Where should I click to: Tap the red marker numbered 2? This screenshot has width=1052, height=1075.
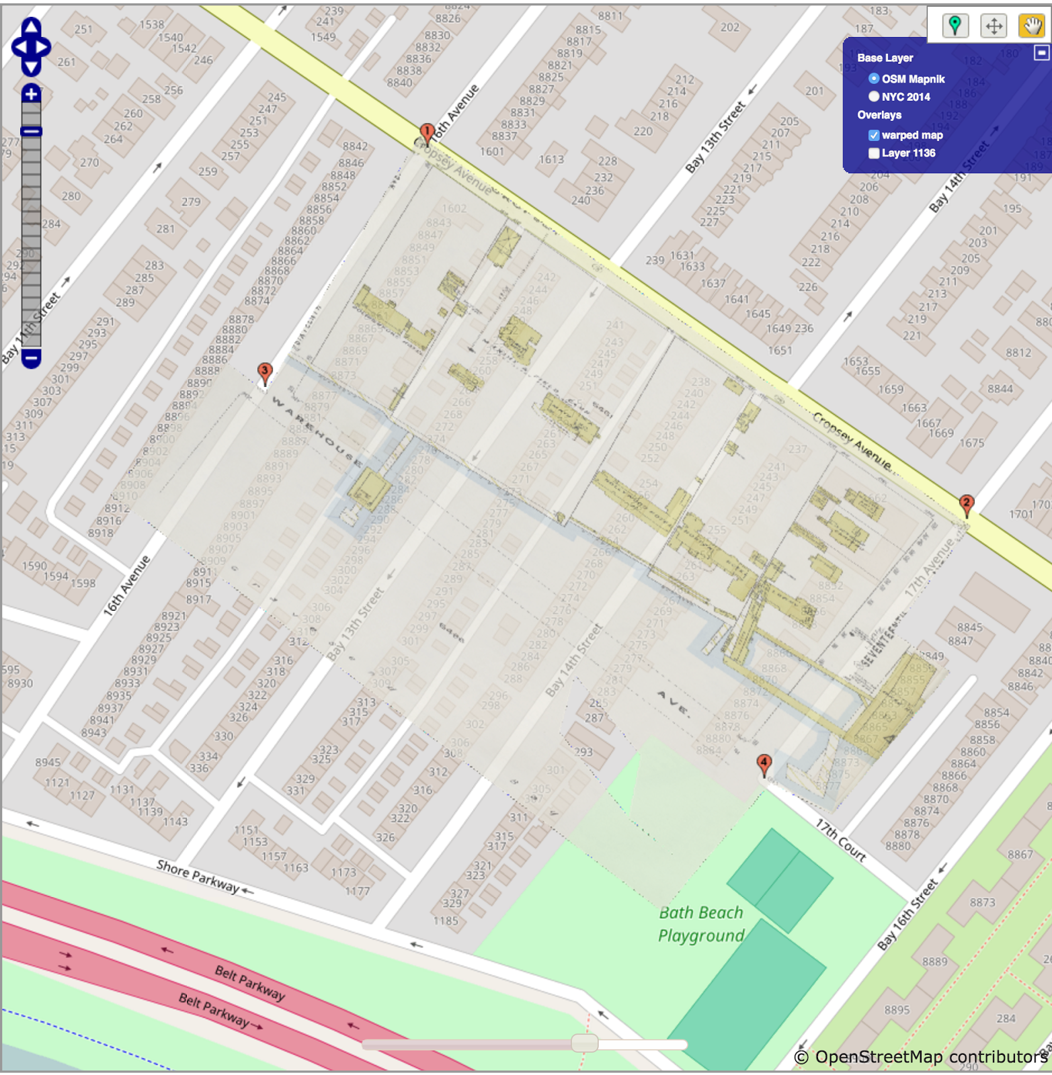tap(966, 505)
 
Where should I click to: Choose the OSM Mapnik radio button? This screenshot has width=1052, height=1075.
tap(874, 79)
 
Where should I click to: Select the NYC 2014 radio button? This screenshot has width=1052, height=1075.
tap(874, 97)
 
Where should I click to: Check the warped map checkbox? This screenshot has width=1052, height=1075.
tap(874, 135)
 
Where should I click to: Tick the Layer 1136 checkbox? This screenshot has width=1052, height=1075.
tap(874, 153)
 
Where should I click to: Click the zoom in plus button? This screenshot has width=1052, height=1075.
tap(31, 94)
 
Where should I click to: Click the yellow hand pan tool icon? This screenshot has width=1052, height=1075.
tap(1032, 26)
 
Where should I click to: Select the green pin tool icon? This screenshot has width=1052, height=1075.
tap(955, 26)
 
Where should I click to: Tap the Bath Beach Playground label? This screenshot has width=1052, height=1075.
tap(701, 924)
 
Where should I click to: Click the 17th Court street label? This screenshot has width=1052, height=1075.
tap(841, 840)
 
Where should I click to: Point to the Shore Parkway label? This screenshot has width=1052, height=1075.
tap(198, 876)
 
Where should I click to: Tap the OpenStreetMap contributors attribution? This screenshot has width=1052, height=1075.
tap(921, 1057)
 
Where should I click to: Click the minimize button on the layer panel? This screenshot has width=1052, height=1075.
tap(1041, 52)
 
